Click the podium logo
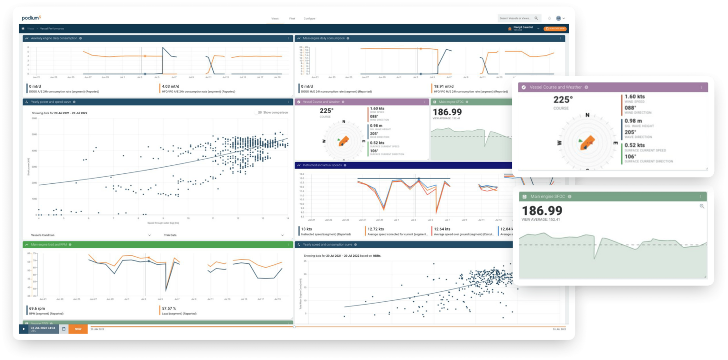(32, 18)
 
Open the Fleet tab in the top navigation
(292, 18)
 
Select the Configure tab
(309, 18)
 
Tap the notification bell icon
(549, 18)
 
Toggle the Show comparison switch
(258, 113)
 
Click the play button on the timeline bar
(24, 329)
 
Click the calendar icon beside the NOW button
(64, 329)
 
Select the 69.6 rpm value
(36, 308)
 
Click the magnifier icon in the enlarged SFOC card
(702, 206)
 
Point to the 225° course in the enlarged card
(563, 99)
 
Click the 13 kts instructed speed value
(306, 229)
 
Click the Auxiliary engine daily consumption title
(54, 38)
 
